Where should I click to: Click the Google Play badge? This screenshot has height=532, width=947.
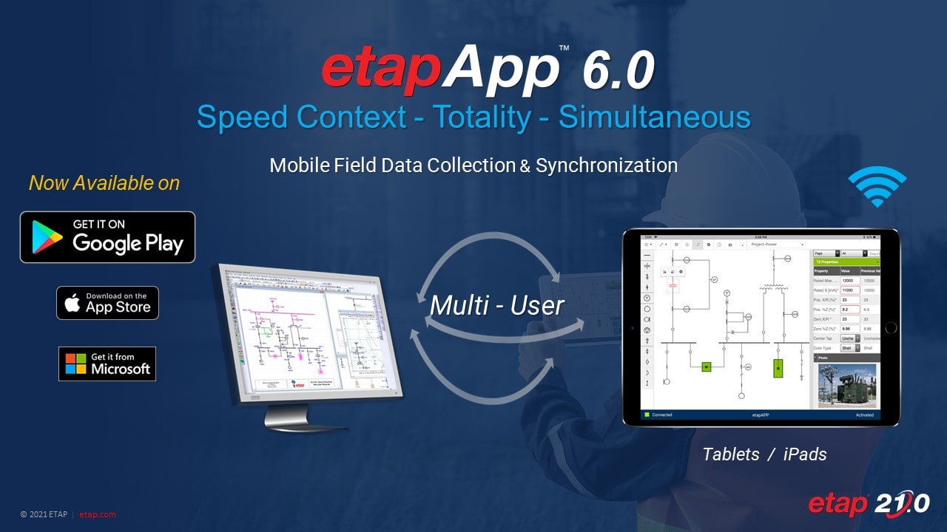coord(107,237)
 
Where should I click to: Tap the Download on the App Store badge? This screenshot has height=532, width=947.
coord(107,303)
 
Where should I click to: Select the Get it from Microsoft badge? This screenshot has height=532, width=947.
coord(107,364)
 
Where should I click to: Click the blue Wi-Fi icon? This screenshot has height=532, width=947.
coord(877,187)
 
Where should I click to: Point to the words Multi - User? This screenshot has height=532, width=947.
coord(497,305)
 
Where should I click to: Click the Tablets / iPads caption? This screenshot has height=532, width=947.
coord(764,454)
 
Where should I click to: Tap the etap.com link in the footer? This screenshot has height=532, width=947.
coord(98,515)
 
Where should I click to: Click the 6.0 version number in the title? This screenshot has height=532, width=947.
coord(618,72)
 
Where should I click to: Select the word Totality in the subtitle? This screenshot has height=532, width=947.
coord(481,117)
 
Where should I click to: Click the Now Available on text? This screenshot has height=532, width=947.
coord(104,183)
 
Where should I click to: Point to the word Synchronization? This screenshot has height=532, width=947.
coord(606,166)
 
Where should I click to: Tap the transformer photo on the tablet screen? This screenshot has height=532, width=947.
coord(846,386)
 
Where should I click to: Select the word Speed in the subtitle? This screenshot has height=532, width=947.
coord(240,117)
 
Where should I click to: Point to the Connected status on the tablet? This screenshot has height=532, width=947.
coord(661,415)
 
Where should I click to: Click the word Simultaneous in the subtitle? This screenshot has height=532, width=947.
coord(654,117)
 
